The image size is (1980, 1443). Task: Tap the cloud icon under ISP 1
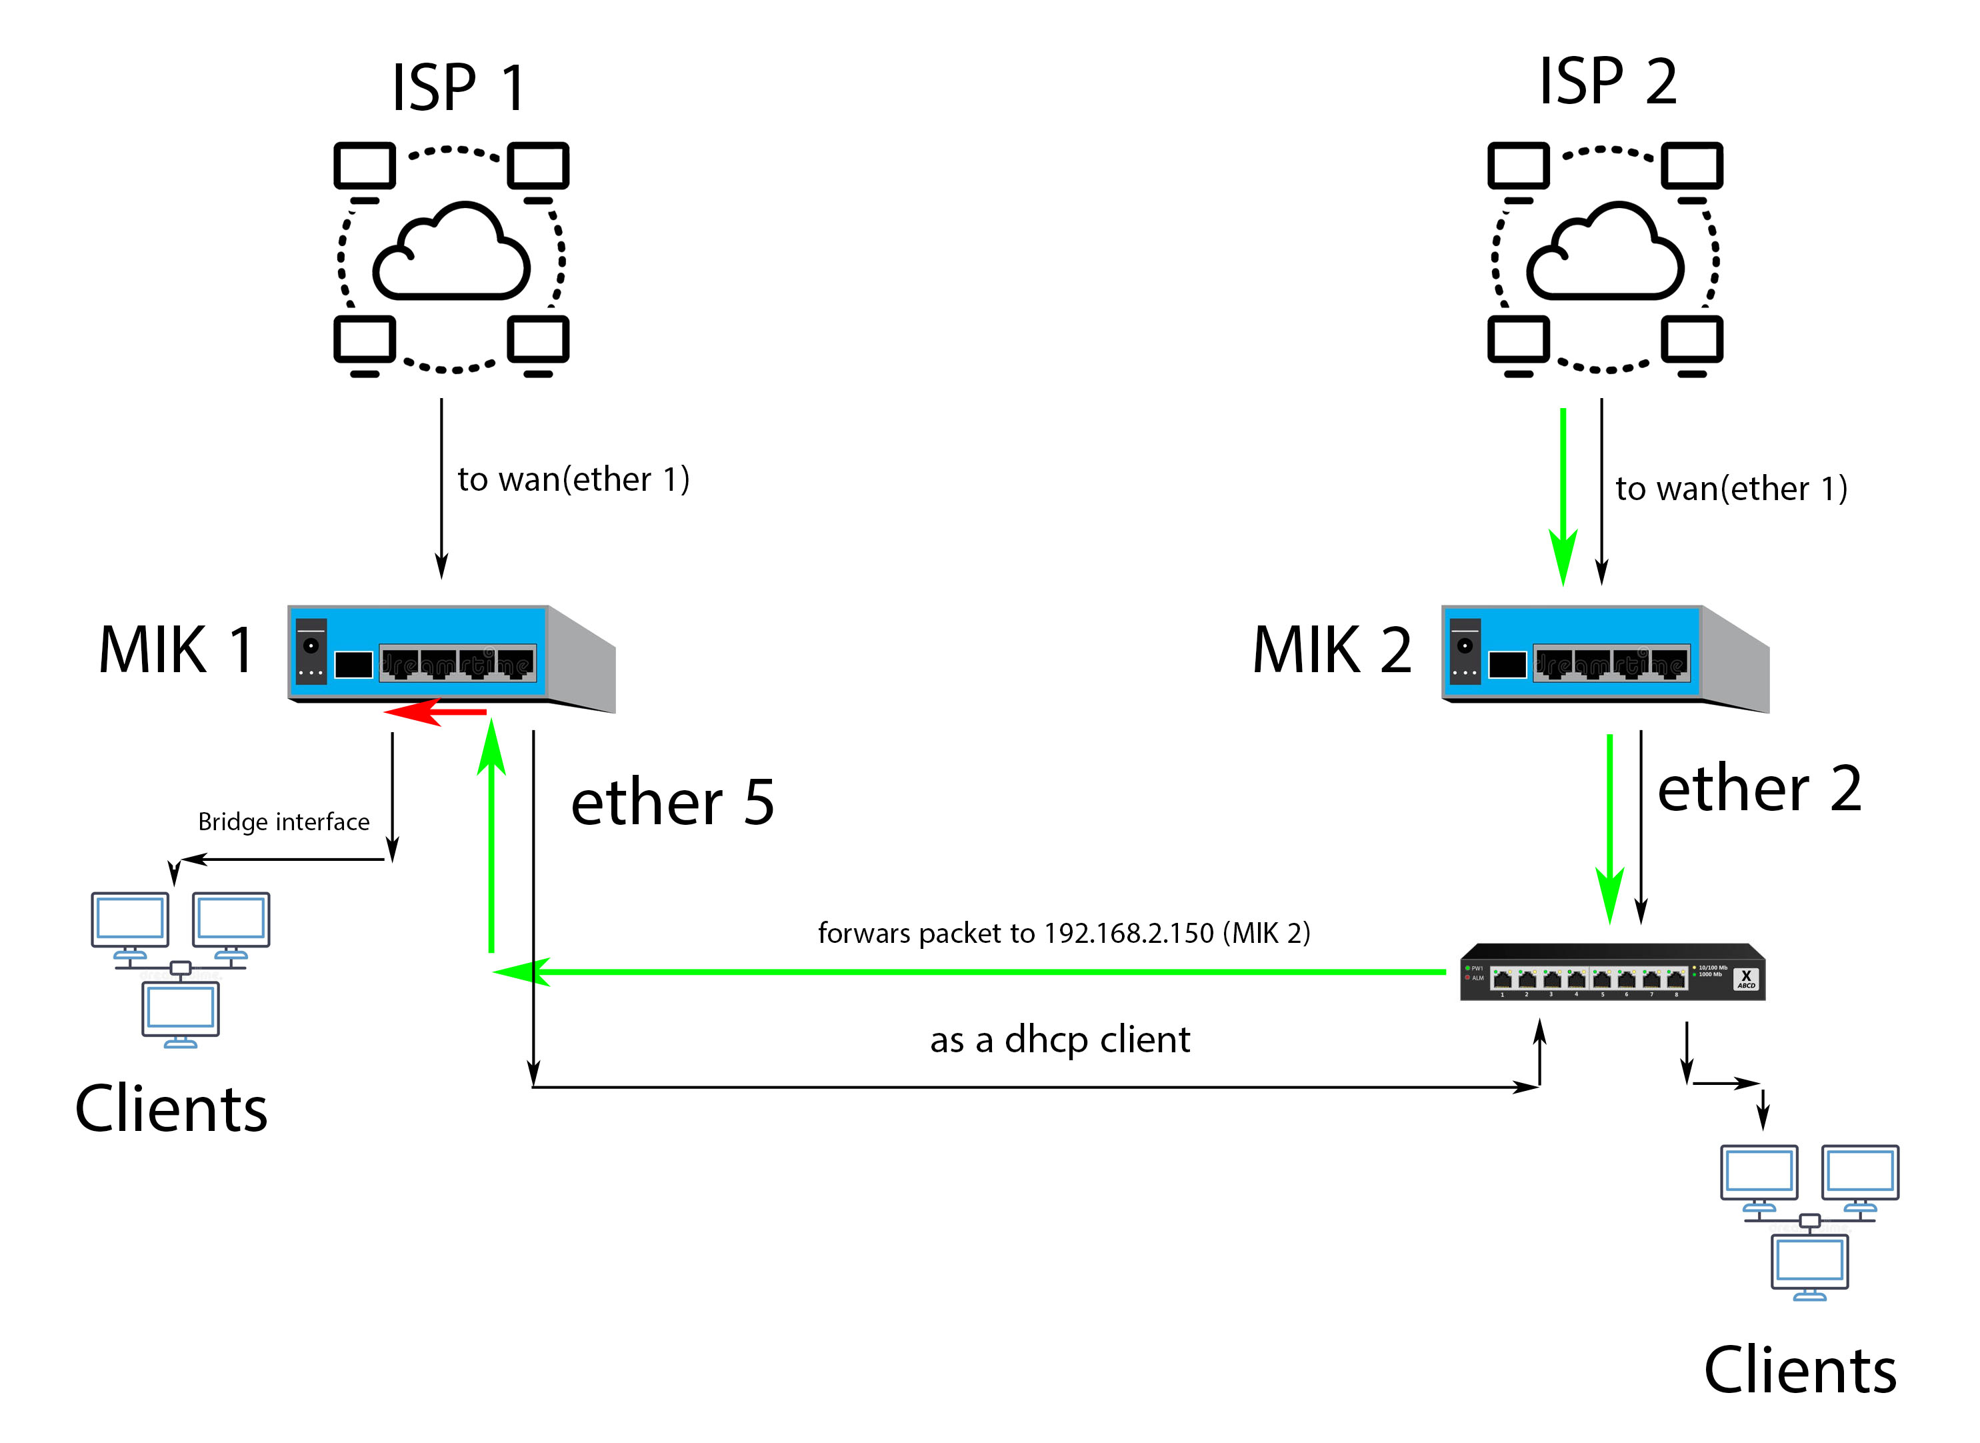pyautogui.click(x=451, y=253)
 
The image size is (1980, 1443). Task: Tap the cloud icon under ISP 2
pyautogui.click(x=1605, y=253)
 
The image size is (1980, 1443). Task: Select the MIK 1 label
pyautogui.click(x=177, y=650)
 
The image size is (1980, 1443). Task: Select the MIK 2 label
pyautogui.click(x=1331, y=650)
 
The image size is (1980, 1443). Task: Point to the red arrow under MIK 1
pyautogui.click(x=435, y=712)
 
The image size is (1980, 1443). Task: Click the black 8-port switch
pyautogui.click(x=1611, y=972)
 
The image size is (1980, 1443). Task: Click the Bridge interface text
pyautogui.click(x=284, y=822)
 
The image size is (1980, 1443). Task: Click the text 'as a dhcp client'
pyautogui.click(x=1059, y=1040)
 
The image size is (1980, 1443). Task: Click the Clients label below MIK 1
pyautogui.click(x=171, y=1108)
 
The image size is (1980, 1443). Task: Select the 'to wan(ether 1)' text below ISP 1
pyautogui.click(x=573, y=479)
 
